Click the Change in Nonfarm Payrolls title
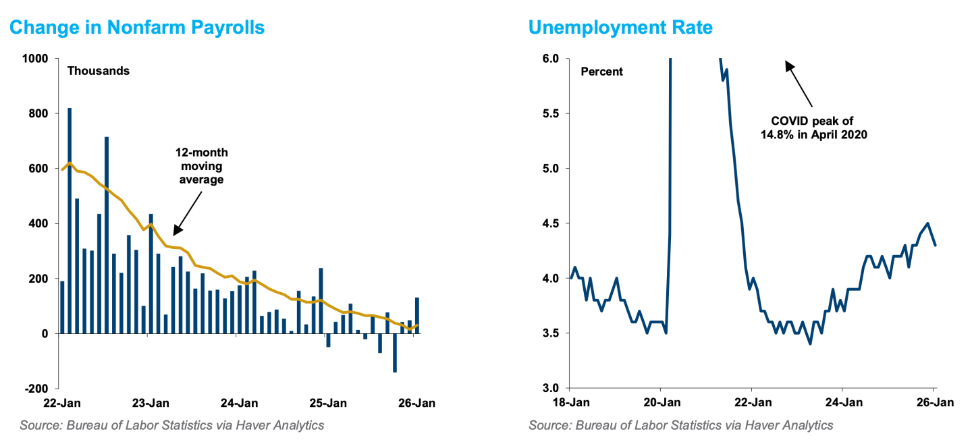point(137,28)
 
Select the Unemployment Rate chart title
point(620,28)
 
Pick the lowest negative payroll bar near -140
point(394,352)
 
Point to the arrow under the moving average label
point(188,212)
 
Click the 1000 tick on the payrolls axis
point(35,59)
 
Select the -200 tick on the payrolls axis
point(36,389)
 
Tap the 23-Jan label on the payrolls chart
point(151,403)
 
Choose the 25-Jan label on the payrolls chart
point(328,403)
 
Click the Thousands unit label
point(98,71)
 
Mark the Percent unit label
point(602,71)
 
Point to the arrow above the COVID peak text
point(799,84)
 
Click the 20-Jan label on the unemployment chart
point(661,403)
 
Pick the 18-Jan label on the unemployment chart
point(570,403)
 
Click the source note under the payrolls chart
point(172,425)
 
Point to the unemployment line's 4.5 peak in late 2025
point(927,223)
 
